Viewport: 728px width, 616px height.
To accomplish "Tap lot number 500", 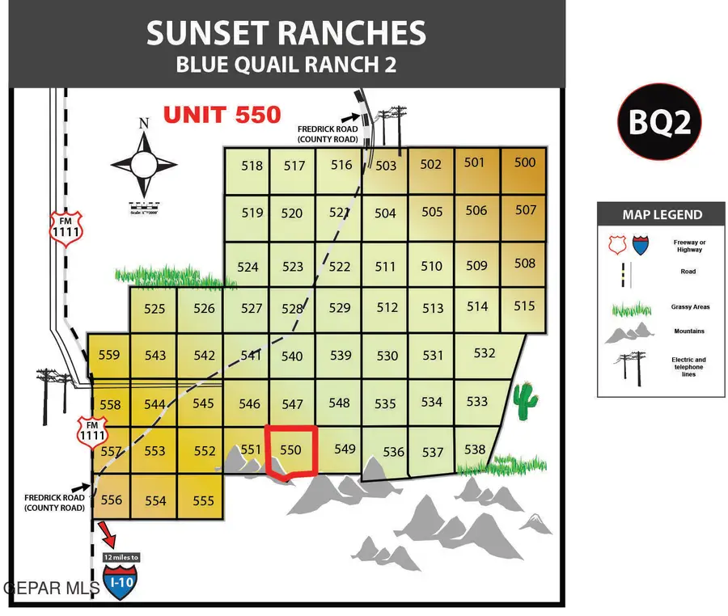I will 525,162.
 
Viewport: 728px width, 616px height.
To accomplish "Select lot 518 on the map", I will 252,167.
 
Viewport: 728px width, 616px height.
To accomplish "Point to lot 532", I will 485,353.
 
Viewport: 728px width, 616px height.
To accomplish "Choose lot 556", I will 111,500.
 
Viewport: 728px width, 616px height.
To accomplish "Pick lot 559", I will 108,355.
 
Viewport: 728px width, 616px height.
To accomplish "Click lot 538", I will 475,450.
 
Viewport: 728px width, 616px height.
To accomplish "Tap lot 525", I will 154,309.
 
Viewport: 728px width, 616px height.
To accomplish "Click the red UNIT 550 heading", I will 222,115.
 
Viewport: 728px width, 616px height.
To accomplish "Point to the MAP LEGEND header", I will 662,215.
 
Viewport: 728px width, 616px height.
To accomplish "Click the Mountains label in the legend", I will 688,331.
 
